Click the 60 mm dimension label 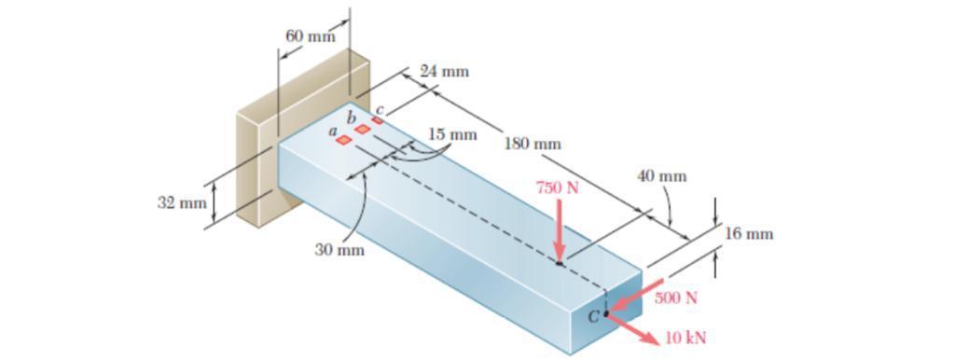click(310, 36)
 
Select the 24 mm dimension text click(444, 71)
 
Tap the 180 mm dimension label click(533, 144)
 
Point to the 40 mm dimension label click(661, 175)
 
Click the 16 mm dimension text click(749, 233)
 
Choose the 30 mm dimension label click(339, 250)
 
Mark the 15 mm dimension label click(452, 134)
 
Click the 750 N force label click(557, 187)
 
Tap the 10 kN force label click(685, 338)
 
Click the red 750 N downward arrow click(559, 233)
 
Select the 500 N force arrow click(634, 297)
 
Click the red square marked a click(344, 140)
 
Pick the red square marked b click(362, 130)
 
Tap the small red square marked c click(377, 120)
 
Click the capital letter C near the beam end click(592, 316)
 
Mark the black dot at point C click(605, 314)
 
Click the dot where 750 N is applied click(560, 264)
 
